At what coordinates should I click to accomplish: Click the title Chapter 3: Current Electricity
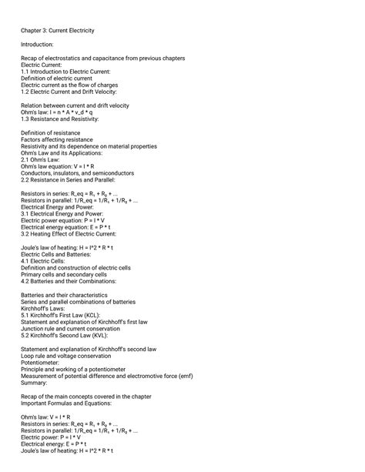point(58,30)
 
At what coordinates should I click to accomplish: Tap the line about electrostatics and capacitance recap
point(102,59)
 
